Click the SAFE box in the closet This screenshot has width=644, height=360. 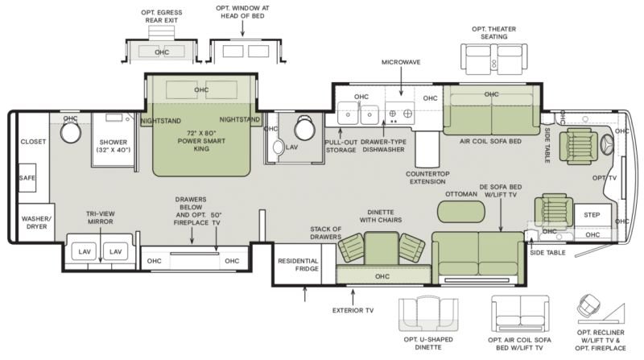pos(27,177)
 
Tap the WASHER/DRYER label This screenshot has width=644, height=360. pos(36,222)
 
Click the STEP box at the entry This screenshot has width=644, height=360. pos(592,214)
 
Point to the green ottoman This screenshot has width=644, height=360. pos(460,212)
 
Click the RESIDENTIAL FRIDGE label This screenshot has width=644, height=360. pos(298,265)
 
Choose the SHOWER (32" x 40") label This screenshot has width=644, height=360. pos(114,146)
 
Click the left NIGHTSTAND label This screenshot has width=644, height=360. pos(160,121)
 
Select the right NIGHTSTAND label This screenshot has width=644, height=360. pos(240,119)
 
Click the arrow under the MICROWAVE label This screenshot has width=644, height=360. pos(401,81)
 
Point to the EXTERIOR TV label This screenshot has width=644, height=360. pos(353,310)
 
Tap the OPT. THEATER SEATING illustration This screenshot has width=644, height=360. pos(494,59)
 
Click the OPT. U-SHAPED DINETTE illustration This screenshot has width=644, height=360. pos(428,314)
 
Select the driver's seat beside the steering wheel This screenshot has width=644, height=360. pos(581,146)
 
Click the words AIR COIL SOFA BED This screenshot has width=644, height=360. pos(490,142)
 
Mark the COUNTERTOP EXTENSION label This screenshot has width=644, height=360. pos(427,177)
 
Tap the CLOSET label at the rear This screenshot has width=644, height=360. pos(33,142)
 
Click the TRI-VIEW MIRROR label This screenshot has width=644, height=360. pos(101,217)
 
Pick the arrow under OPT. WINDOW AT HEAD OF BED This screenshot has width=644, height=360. pos(242,29)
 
